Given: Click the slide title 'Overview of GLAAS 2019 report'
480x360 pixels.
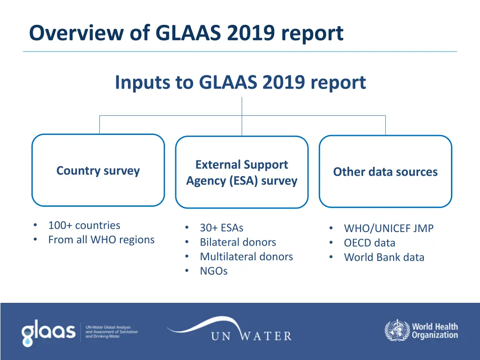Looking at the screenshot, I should coord(186,33).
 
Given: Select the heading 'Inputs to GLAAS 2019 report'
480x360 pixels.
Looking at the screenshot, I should coord(240,82).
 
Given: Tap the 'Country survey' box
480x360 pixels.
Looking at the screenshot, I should coord(98,171).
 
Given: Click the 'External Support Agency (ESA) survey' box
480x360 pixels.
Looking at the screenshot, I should coord(241,172).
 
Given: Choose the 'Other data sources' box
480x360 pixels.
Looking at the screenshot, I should coord(385,172).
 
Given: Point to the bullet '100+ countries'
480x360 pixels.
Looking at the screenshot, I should coord(84,225).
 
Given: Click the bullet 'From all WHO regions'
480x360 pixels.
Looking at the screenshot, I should coord(101,240).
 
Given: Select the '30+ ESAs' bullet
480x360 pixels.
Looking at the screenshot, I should coord(221,228).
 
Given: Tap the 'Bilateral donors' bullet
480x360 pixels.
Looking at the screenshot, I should coord(238,242).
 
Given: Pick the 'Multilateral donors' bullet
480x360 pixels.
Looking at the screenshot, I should coord(246,257).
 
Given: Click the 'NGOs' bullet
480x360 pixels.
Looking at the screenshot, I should coord(213,271).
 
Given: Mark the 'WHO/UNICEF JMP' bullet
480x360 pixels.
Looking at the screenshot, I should coord(389,229).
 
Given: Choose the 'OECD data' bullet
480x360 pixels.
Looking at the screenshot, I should coord(369,243).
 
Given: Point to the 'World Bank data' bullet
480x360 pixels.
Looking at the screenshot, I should coord(384,257).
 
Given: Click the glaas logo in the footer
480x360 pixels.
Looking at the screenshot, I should coord(48,332).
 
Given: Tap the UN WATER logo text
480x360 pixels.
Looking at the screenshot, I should coord(251,336).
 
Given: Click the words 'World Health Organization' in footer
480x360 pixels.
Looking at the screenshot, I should coord(435,331).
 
